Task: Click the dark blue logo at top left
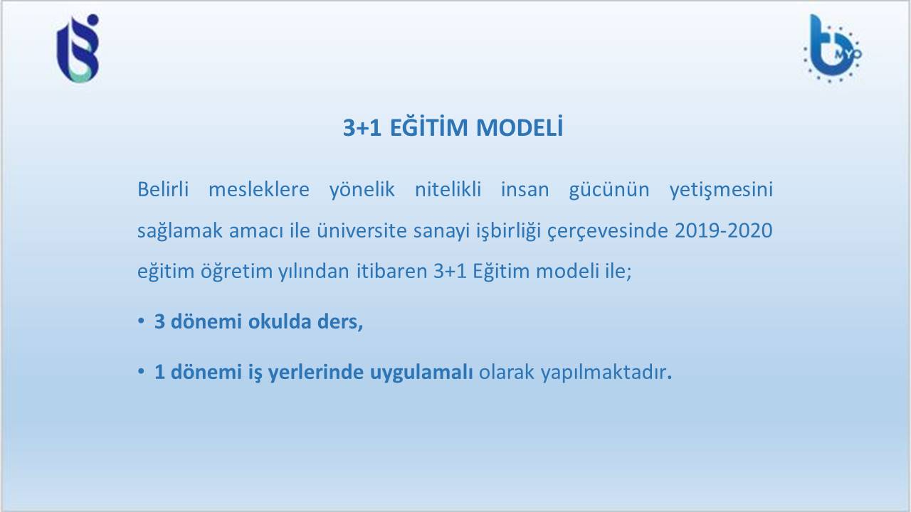pos(78,48)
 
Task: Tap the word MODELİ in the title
pos(520,127)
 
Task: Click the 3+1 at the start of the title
pos(362,127)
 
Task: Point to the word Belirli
pos(163,189)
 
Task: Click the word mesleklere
pos(258,189)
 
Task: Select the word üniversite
pos(362,230)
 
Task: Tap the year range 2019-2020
pos(724,230)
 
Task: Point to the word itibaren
pos(391,271)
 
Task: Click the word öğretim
pos(236,272)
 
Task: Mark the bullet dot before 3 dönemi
pos(141,321)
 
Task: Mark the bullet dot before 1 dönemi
pos(141,371)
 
